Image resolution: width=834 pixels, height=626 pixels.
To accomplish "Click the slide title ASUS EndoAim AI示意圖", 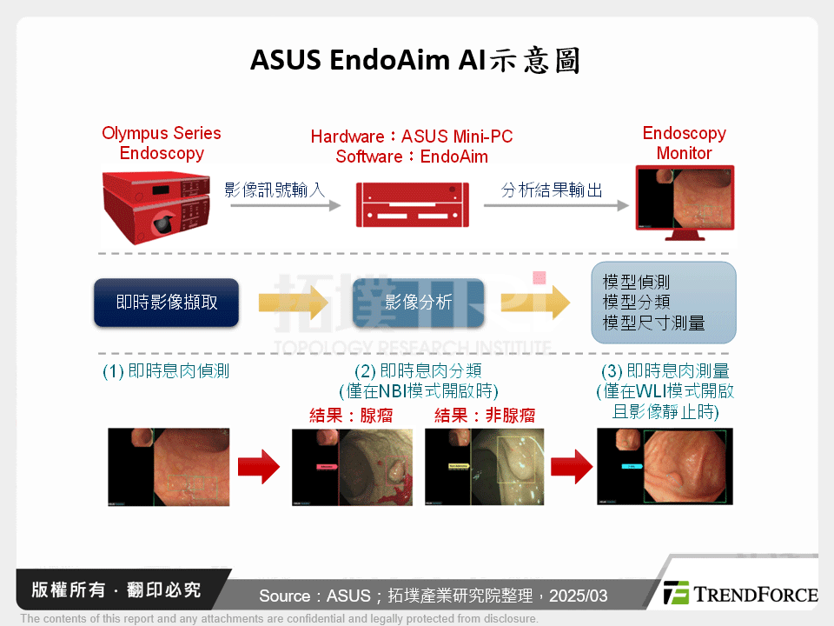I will (x=415, y=60).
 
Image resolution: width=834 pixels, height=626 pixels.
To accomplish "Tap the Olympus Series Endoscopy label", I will (x=162, y=143).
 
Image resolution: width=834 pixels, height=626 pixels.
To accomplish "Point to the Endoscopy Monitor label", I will (x=684, y=143).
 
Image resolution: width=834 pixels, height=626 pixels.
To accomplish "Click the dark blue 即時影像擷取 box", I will (x=166, y=303).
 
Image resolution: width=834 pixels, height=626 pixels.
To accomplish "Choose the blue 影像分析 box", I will (x=418, y=303).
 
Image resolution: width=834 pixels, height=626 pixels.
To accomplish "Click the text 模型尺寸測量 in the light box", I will (x=653, y=323).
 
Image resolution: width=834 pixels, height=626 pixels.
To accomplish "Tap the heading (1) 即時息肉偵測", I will (x=166, y=372).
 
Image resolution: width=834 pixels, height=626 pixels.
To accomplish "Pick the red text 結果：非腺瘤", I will (x=485, y=416).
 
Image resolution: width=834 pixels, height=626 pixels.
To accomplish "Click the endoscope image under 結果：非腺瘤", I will (x=484, y=467).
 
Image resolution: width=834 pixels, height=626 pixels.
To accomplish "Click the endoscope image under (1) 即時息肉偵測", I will (x=168, y=467).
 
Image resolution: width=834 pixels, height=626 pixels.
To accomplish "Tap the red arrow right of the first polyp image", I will (x=259, y=467).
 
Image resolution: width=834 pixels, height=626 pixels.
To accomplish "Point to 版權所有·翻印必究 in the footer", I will (x=116, y=590).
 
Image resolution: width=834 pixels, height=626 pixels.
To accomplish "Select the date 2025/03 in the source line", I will (x=579, y=596).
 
